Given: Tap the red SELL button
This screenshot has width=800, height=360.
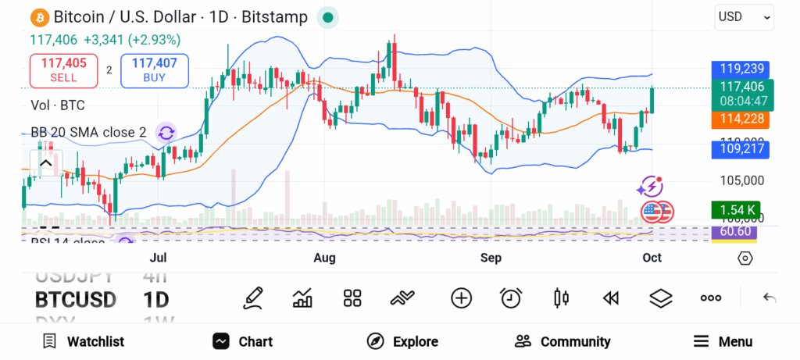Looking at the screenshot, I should pos(63,70).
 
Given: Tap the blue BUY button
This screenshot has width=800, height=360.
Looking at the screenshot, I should pos(154,70).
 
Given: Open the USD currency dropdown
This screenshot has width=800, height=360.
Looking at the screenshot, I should pos(744,16).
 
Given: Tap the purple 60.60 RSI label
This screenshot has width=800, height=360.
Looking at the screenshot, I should pos(735,232).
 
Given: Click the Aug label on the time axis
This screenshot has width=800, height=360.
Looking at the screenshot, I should pos(324,258).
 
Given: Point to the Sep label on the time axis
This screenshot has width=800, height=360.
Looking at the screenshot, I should pos(491,258).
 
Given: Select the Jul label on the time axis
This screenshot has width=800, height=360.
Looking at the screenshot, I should pos(158,258).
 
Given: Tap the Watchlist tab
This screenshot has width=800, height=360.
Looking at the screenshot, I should pos(84,341).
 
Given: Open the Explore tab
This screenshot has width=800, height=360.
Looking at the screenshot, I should pos(402,341).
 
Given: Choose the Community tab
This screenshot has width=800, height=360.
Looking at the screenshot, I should pos(562,341).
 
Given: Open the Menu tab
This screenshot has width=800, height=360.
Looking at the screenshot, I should pos(723,341).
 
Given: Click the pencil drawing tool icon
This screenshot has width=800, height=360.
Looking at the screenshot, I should pos(253,298).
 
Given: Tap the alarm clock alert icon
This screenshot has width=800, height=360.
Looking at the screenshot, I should pos(511,298).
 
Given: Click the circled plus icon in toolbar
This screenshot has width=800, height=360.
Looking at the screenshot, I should pos(462,298).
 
